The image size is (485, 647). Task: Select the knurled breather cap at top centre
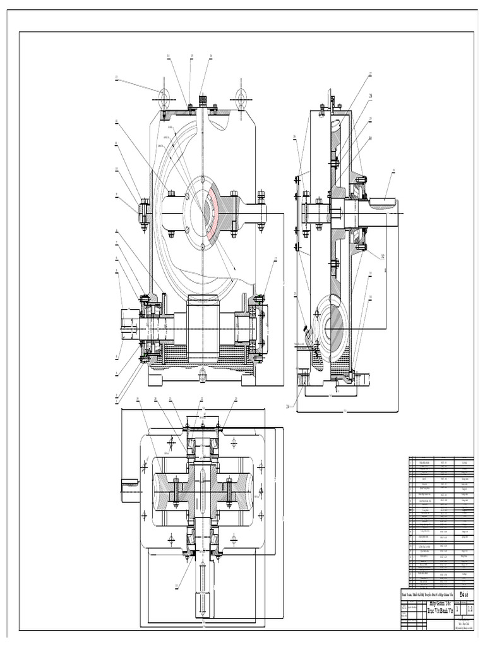tap(203, 100)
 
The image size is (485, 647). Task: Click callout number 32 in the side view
tap(381, 256)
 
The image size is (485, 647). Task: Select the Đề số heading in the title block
tap(465, 594)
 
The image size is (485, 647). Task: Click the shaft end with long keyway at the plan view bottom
tap(202, 596)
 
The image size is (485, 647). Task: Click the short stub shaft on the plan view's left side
tap(130, 485)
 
